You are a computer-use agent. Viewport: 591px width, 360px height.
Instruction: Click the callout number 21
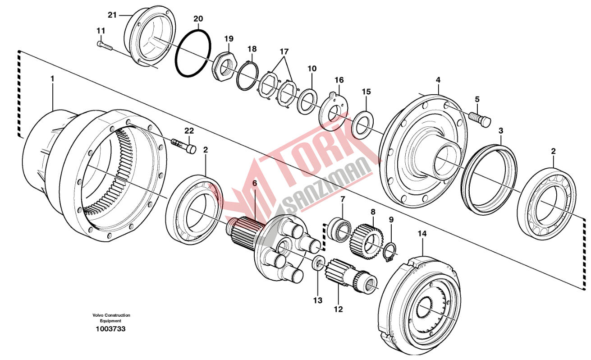coord(112,15)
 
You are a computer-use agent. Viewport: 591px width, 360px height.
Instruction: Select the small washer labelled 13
coord(319,263)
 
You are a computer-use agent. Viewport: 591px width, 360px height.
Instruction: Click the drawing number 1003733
coord(110,329)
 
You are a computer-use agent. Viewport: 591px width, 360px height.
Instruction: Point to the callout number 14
coord(422,234)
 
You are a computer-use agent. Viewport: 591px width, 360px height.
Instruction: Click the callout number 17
coord(284,51)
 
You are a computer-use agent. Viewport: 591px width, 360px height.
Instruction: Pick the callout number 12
coord(338,309)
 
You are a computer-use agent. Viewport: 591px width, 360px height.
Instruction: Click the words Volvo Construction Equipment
coord(111,318)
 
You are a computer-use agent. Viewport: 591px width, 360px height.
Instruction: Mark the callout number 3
coord(500,131)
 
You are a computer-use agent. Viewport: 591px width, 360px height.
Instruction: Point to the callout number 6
coord(254,183)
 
